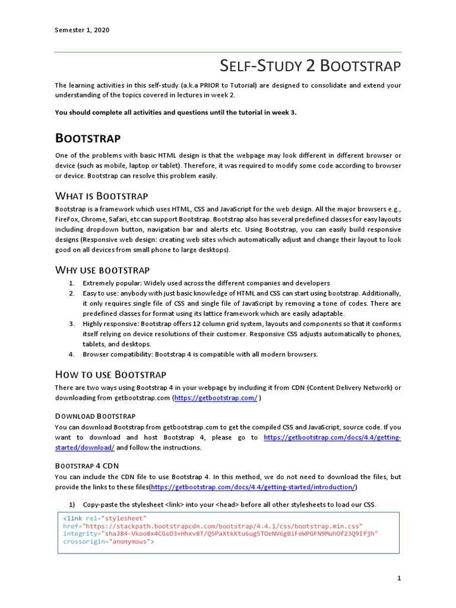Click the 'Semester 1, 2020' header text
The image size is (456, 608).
tap(82, 30)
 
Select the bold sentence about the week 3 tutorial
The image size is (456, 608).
tap(175, 112)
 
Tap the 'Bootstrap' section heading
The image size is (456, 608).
tap(88, 138)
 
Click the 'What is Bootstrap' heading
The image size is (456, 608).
tap(102, 196)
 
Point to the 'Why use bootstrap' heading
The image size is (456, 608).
tap(102, 270)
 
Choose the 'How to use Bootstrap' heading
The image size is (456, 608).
tap(110, 374)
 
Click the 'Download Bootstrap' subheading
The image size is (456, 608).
tap(95, 416)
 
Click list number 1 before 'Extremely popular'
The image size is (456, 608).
tap(71, 283)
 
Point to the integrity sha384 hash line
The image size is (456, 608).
tap(220, 533)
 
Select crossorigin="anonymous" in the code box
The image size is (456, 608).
tap(109, 541)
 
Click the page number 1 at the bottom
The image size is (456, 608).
tap(400, 578)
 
